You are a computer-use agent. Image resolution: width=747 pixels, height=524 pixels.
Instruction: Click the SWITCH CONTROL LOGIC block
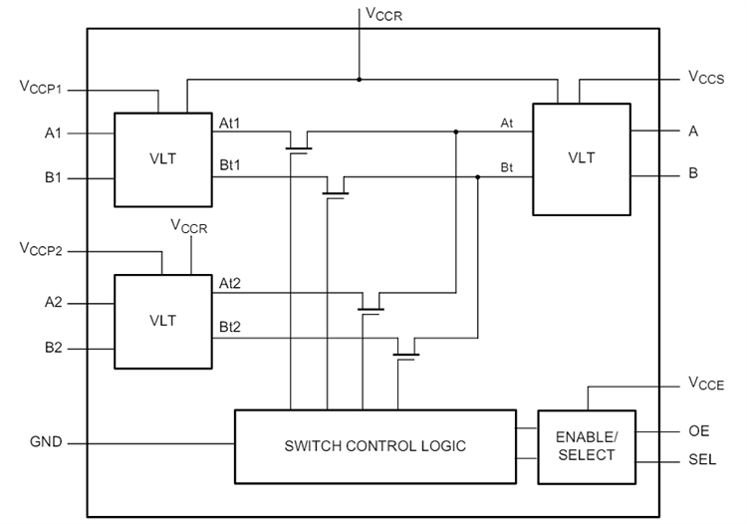374,444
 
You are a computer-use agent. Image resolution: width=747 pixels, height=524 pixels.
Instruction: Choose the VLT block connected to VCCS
582,157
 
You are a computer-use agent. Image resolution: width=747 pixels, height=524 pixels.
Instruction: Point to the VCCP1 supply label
41,89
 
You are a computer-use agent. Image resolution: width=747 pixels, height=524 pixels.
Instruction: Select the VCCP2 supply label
41,250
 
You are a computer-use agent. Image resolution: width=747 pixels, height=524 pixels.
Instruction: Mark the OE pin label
699,431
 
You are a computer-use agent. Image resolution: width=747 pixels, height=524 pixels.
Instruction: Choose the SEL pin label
702,462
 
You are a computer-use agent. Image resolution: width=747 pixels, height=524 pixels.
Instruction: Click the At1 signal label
230,124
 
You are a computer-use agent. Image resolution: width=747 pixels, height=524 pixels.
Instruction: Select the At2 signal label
230,285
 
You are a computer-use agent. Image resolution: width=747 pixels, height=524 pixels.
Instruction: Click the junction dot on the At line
456,131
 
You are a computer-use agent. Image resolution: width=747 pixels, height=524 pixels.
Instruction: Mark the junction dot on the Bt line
478,177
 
